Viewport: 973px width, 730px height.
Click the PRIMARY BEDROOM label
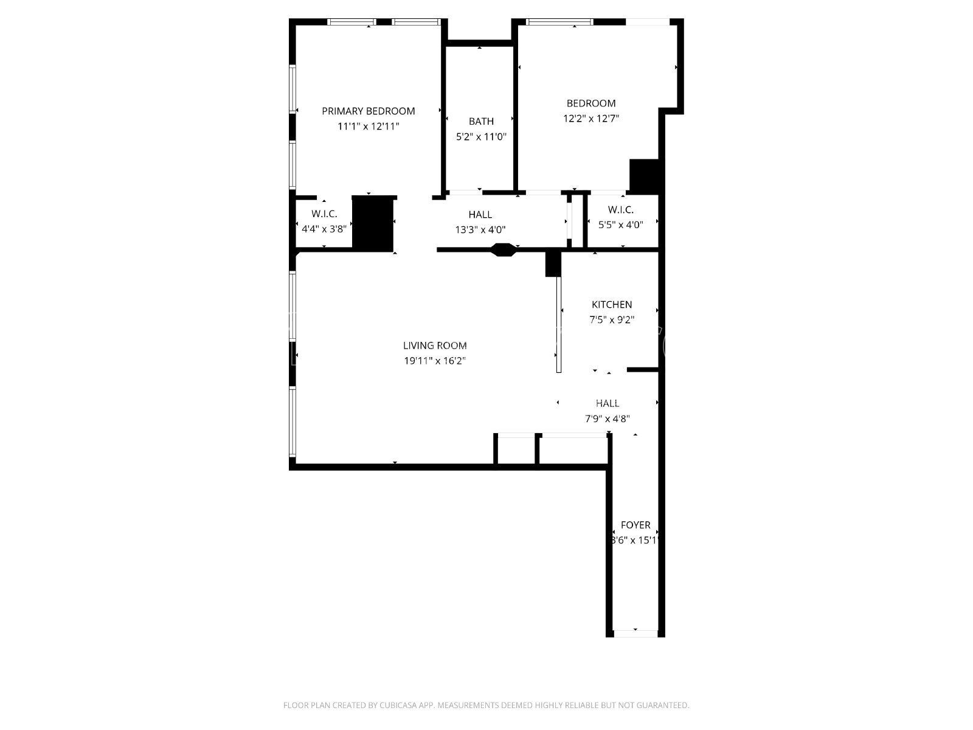tap(369, 111)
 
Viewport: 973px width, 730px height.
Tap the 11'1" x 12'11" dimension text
tap(369, 127)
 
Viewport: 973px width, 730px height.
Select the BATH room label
tap(482, 121)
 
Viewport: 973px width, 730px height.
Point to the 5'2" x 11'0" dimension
tap(482, 136)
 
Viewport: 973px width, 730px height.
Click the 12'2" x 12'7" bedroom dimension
tap(591, 119)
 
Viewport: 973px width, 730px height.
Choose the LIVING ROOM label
tap(435, 346)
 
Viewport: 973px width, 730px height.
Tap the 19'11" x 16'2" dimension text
tap(435, 361)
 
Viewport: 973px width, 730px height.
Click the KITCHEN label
tap(612, 305)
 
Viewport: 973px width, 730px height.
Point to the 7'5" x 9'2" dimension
tap(612, 319)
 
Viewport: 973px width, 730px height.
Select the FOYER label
tap(635, 525)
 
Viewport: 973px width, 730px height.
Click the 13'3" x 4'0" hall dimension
tap(480, 229)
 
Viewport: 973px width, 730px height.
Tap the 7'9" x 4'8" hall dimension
tap(608, 419)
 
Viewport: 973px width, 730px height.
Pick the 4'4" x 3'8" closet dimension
tap(324, 229)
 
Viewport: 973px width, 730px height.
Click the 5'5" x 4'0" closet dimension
tap(621, 224)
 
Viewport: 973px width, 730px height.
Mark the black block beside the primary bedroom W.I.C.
tap(373, 223)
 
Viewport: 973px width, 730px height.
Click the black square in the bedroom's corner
tap(644, 176)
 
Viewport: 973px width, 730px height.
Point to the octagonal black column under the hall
tap(504, 249)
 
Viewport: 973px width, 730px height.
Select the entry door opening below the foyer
tap(635, 633)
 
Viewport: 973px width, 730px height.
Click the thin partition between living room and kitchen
tap(558, 324)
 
